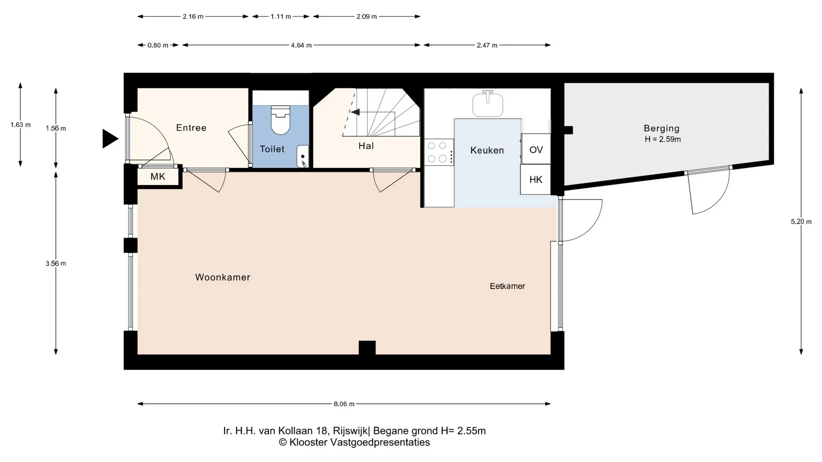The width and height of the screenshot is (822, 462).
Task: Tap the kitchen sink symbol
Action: point(488,104)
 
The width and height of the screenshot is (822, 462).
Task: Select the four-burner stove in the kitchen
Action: point(439,152)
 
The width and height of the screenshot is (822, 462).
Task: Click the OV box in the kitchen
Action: point(536,149)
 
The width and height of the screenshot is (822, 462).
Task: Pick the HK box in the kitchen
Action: point(536,180)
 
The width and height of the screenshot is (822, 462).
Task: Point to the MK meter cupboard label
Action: point(158,177)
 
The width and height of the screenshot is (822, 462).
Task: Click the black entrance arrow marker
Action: point(110,139)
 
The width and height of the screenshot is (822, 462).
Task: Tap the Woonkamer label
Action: point(223,277)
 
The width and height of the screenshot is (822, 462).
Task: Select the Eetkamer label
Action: point(507,286)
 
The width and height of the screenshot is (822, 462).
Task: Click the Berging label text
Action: point(661,128)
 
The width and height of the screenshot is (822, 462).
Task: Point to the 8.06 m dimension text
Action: point(344,404)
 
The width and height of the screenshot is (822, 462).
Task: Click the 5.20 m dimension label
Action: point(801,222)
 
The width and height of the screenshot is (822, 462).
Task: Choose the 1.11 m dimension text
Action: point(280,17)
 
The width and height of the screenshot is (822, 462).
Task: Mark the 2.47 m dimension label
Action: point(487,45)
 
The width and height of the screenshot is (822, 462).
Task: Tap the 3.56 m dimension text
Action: point(56,264)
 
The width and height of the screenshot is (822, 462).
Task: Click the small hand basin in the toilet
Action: point(302,156)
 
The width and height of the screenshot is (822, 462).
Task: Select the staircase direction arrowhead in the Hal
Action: point(355,112)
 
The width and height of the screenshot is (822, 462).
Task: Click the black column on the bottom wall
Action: point(367,347)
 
